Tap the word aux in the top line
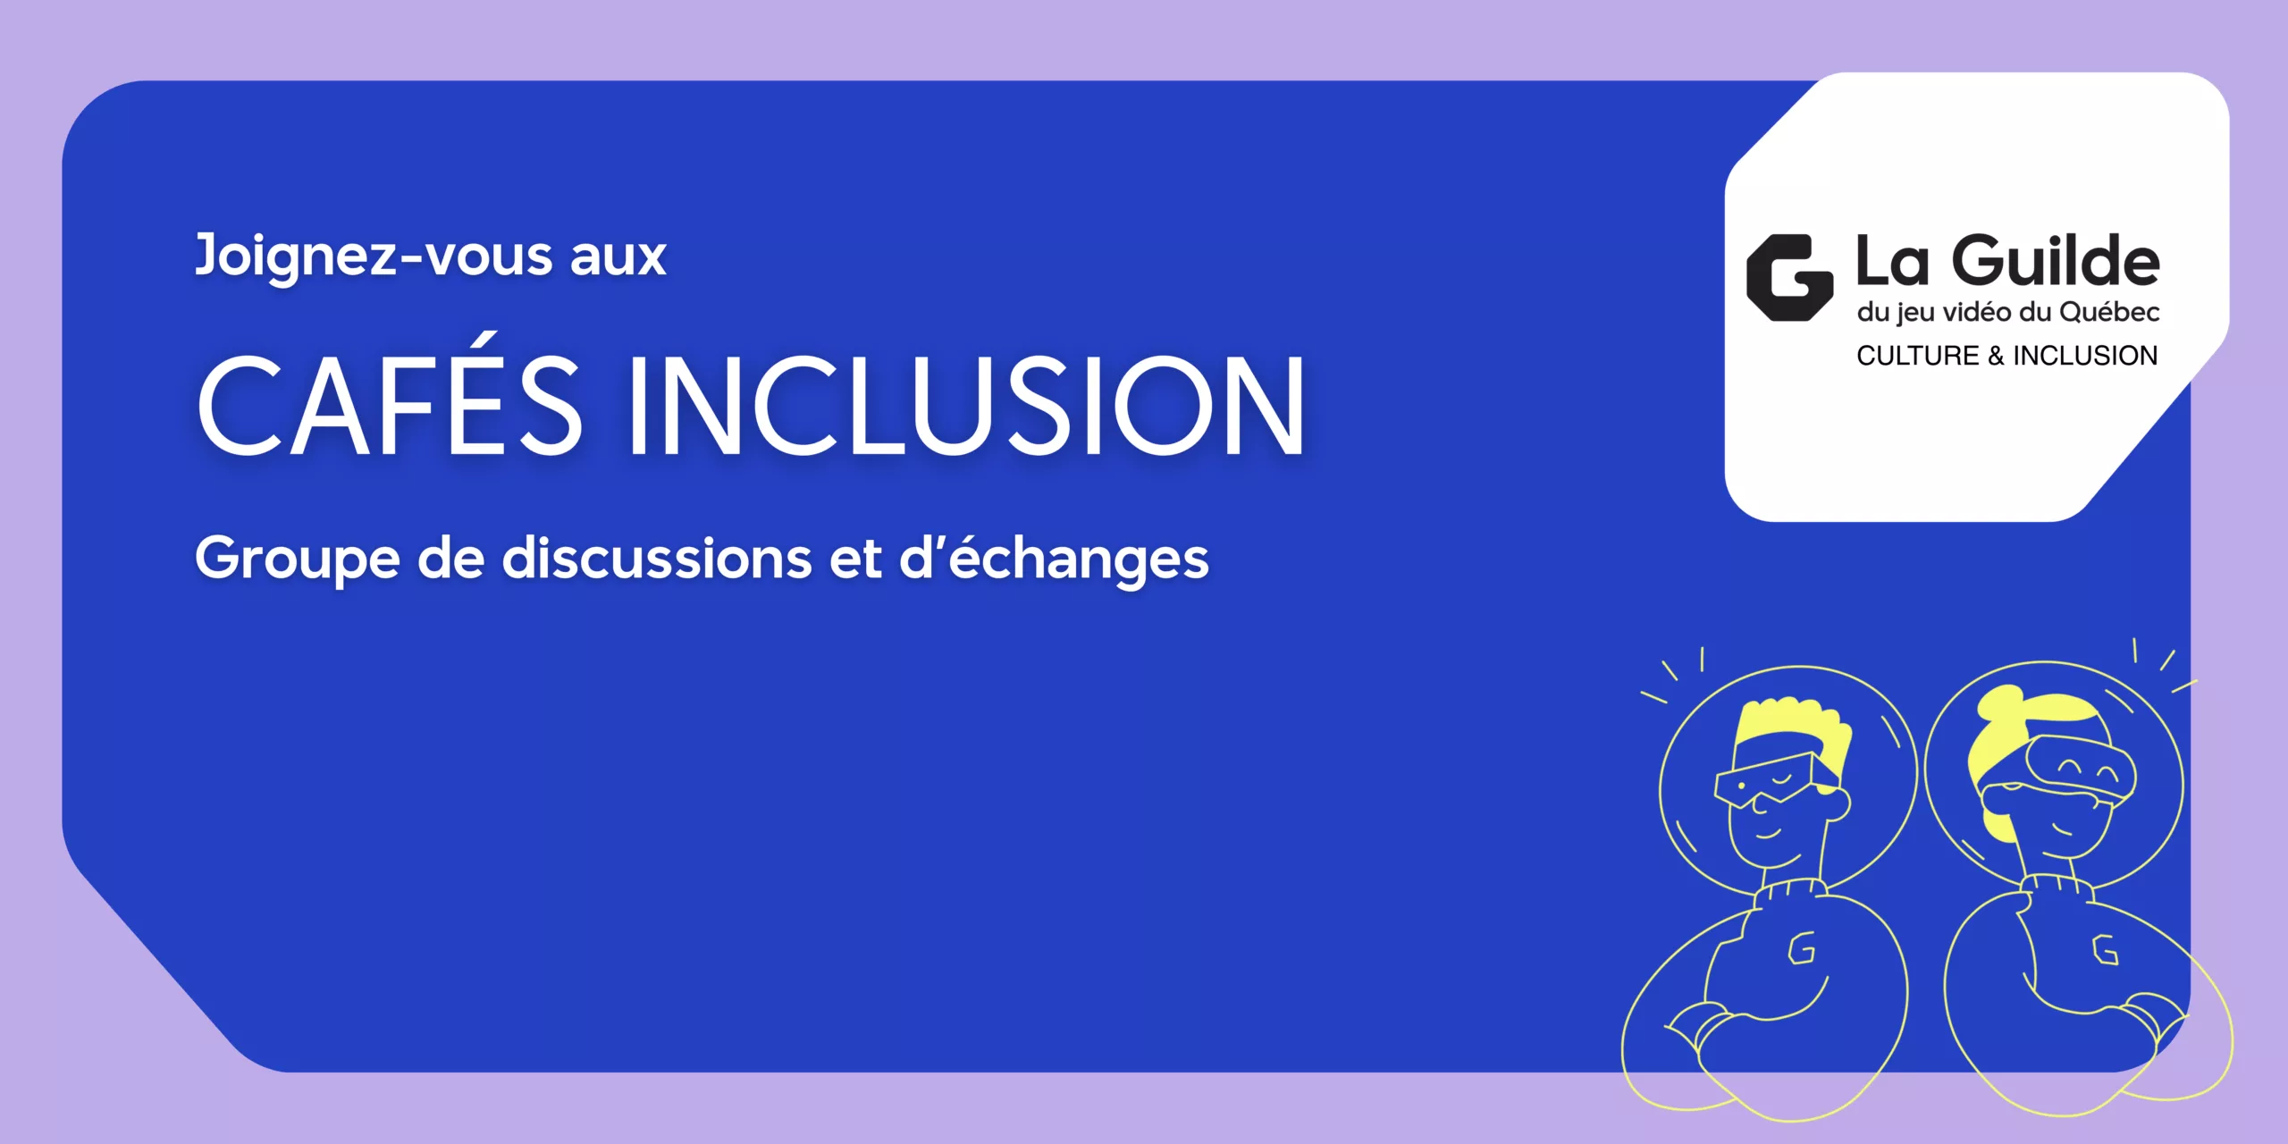coord(618,259)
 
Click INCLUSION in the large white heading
coord(966,405)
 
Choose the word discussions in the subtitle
coord(657,558)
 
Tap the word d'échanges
coord(1053,559)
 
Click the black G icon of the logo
coord(1789,278)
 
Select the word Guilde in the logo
coord(2056,262)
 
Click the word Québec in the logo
coord(2109,313)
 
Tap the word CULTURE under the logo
coord(1918,356)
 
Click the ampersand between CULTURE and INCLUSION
coord(1996,356)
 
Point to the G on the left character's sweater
coord(1801,947)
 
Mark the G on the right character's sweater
coord(2106,949)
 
